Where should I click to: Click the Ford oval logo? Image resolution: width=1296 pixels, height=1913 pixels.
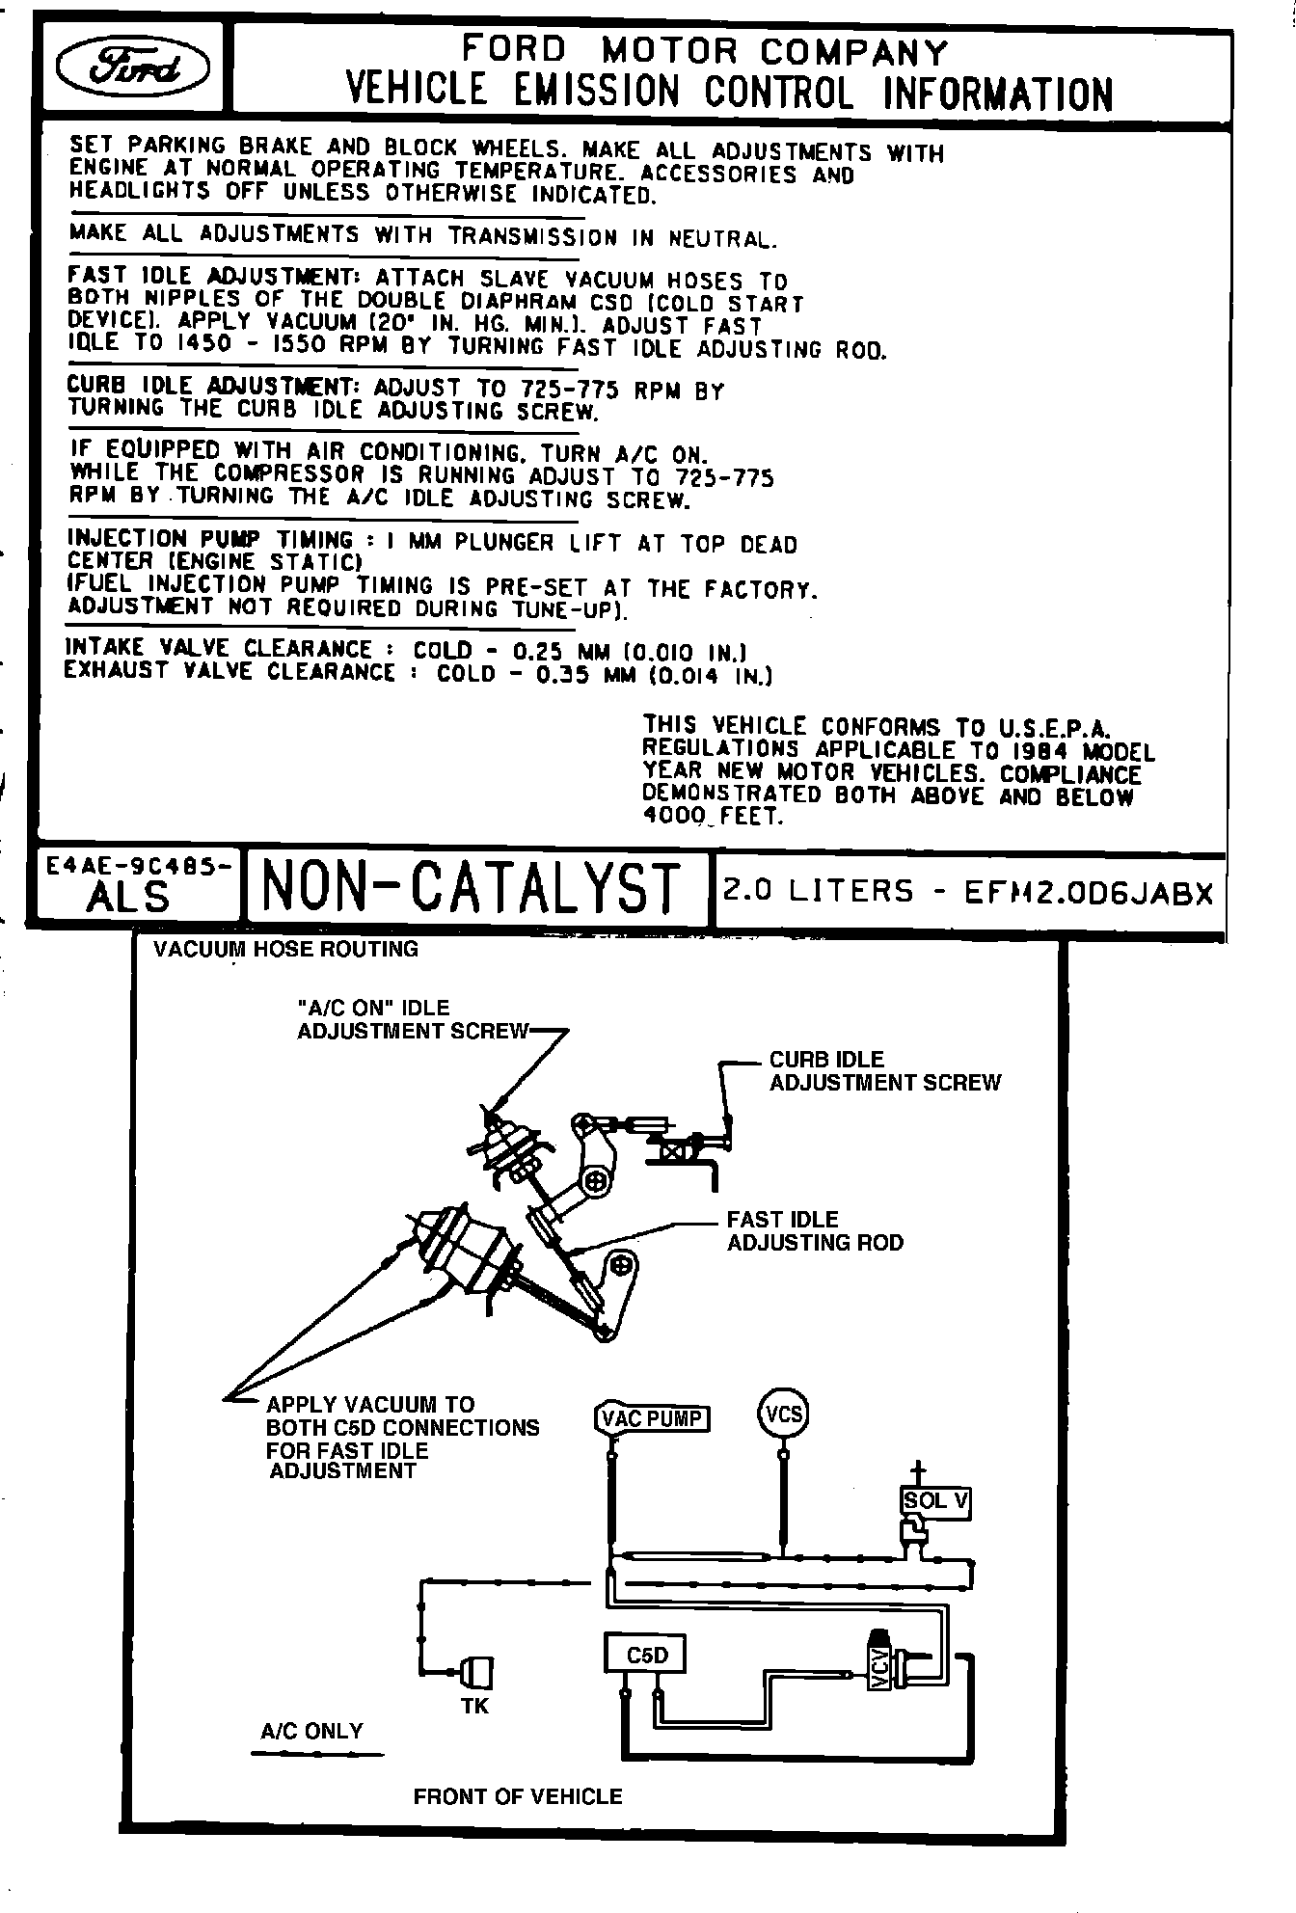(132, 67)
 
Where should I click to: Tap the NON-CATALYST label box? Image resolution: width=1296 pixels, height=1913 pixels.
(472, 887)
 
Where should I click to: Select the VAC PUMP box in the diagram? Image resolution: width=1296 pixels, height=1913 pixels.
(651, 1418)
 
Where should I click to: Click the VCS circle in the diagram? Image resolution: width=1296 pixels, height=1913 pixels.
(783, 1415)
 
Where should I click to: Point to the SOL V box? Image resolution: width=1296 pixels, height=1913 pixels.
(934, 1500)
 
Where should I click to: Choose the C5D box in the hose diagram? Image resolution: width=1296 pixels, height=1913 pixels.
(647, 1656)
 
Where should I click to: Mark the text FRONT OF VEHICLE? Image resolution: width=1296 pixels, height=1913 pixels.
(518, 1796)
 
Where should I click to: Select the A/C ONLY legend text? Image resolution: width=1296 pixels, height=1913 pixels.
(311, 1731)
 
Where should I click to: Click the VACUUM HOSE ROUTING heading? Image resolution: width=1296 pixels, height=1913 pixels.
(285, 949)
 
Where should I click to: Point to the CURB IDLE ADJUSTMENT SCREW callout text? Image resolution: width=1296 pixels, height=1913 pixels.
(884, 1071)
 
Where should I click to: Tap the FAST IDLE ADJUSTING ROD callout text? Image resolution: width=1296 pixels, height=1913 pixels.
(815, 1231)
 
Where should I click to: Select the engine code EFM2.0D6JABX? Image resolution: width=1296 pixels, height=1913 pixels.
(1089, 893)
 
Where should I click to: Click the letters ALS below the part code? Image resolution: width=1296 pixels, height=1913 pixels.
(127, 898)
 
